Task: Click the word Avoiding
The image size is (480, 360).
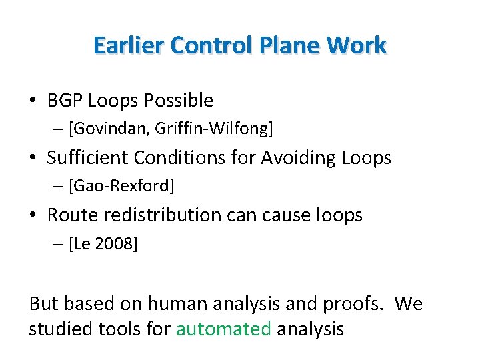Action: [x=297, y=158]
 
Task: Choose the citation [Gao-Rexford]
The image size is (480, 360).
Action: [x=121, y=186]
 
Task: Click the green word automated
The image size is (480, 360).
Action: [x=223, y=329]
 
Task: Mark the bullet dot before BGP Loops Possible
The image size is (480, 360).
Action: [x=33, y=101]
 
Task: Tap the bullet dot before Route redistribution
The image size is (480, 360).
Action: [x=33, y=216]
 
